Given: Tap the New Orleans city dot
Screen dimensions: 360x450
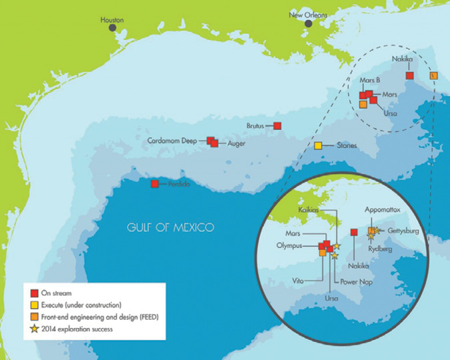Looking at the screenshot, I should point(309,24).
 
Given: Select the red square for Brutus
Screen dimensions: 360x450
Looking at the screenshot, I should point(277,125).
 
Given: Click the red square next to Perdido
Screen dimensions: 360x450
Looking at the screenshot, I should point(155,183).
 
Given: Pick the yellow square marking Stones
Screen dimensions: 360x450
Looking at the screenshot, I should point(318,146).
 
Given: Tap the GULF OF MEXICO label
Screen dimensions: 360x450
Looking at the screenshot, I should point(171,227).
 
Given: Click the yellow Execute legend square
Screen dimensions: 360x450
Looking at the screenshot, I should point(35,304).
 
